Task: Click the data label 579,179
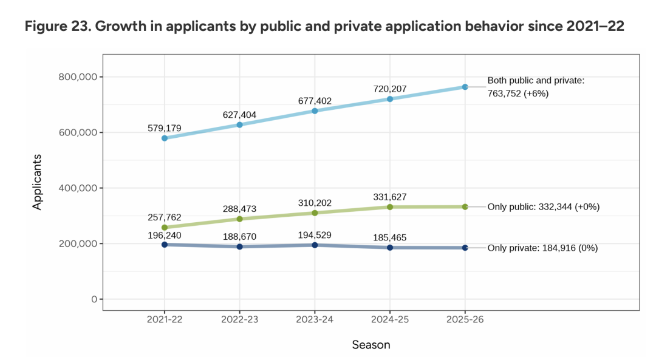[x=164, y=129]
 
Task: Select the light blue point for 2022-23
[x=239, y=124]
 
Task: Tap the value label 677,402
[x=315, y=101]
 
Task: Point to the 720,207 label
[x=389, y=89]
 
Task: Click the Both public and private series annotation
[x=535, y=87]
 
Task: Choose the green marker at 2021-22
[x=165, y=227]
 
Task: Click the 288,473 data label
[x=239, y=208]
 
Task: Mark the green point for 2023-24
[x=315, y=213]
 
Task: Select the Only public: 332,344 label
[x=544, y=207]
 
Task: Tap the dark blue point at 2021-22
[x=165, y=244]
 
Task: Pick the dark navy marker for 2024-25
[x=390, y=247]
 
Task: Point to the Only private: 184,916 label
[x=543, y=248]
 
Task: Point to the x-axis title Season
[x=371, y=345]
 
